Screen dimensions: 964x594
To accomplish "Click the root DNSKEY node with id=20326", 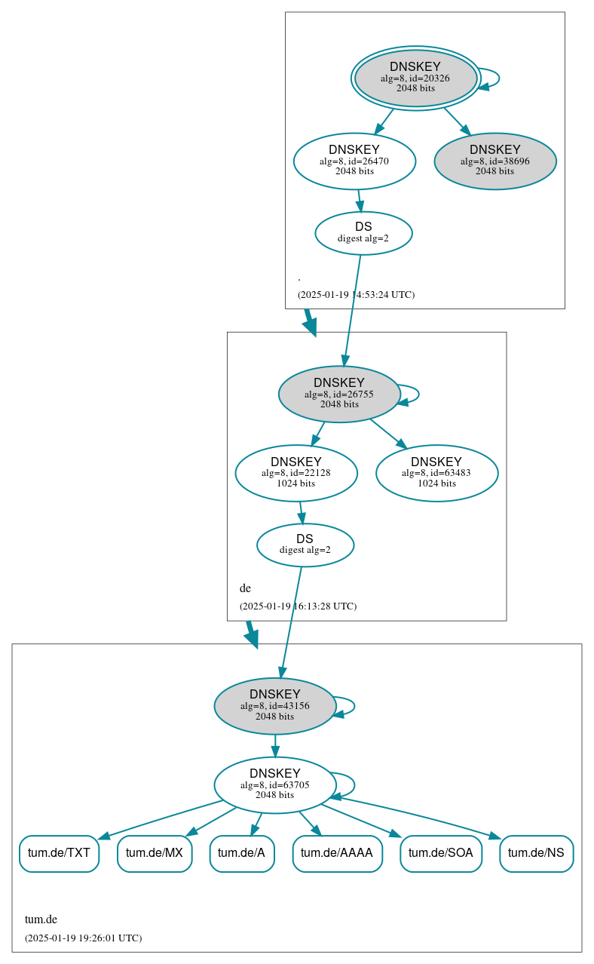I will pos(415,78).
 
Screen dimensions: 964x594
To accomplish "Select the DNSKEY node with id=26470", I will pos(354,161).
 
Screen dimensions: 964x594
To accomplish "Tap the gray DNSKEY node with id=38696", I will pos(494,161).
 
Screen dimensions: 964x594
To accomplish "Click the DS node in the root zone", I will pos(363,233).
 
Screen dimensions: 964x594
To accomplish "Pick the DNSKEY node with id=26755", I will pos(339,394).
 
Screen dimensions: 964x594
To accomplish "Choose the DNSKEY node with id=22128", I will pos(296,473).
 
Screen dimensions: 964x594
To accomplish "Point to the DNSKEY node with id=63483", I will pos(436,473).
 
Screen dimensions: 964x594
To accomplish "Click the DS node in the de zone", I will pos(305,545).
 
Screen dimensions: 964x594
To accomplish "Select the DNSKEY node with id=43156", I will pos(275,706).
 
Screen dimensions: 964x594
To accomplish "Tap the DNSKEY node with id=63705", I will pos(275,785).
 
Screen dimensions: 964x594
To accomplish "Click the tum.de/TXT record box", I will pos(59,853).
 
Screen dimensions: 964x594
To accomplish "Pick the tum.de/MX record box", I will pos(155,853).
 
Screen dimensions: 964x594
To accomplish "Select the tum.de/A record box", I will pos(241,853).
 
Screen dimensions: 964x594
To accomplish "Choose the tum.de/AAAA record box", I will pos(337,853).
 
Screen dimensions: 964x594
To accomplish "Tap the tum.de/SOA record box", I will pos(440,853).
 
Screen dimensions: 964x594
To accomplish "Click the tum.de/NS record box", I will pos(536,853).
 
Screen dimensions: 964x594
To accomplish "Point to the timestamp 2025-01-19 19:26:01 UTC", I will pos(83,938).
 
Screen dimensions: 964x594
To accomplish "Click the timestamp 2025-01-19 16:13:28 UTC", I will pos(298,606).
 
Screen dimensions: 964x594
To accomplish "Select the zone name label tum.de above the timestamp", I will pos(41,919).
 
